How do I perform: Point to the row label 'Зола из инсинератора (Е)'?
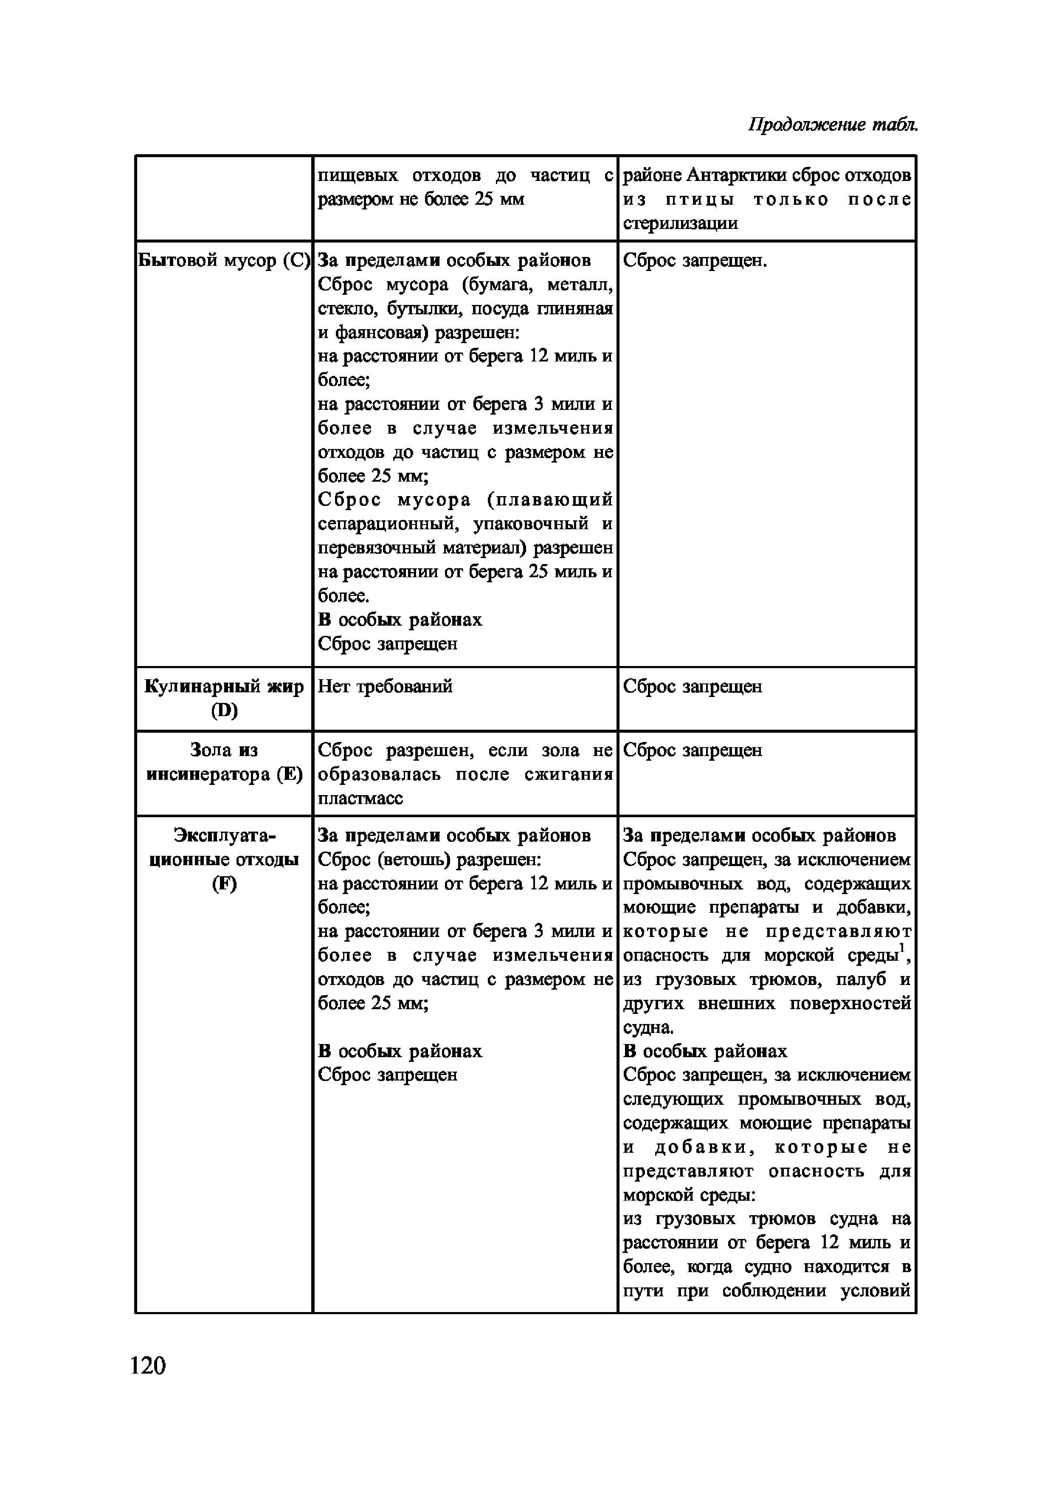(x=224, y=762)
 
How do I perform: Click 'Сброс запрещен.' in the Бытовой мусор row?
(x=695, y=261)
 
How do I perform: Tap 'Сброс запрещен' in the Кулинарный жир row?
(x=692, y=686)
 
